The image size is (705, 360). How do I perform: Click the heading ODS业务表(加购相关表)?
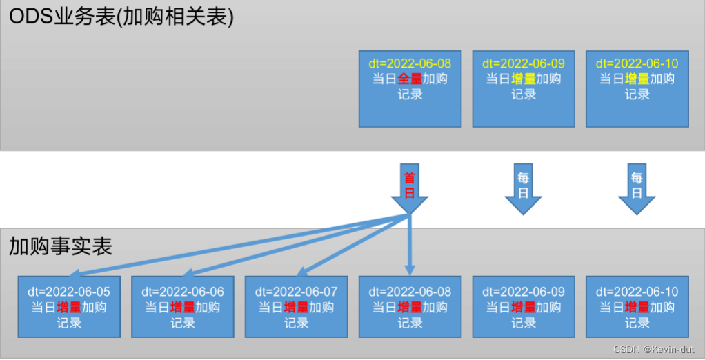121,17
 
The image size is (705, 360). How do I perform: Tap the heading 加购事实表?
60,246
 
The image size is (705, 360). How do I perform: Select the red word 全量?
410,79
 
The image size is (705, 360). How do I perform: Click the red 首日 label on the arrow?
410,185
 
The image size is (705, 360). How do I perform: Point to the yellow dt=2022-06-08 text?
410,63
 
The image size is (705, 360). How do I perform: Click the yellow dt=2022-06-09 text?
524,63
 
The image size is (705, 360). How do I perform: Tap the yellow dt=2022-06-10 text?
637,63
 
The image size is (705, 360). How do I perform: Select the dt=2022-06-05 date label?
69,292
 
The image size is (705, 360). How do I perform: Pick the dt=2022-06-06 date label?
183,292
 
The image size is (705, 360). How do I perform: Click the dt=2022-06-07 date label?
297,292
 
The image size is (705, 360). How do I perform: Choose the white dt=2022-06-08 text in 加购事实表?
410,292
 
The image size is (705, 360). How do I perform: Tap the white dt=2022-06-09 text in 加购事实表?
524,292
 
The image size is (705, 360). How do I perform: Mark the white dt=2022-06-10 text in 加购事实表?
637,292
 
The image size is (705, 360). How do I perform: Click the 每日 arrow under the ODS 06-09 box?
524,189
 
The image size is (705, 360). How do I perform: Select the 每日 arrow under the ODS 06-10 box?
637,189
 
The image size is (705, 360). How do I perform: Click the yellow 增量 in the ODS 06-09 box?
524,79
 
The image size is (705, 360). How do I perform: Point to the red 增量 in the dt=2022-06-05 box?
69,308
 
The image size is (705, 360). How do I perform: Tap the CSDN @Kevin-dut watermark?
653,349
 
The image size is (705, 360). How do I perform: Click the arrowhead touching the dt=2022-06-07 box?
301,272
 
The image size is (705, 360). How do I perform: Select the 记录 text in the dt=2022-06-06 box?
183,323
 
